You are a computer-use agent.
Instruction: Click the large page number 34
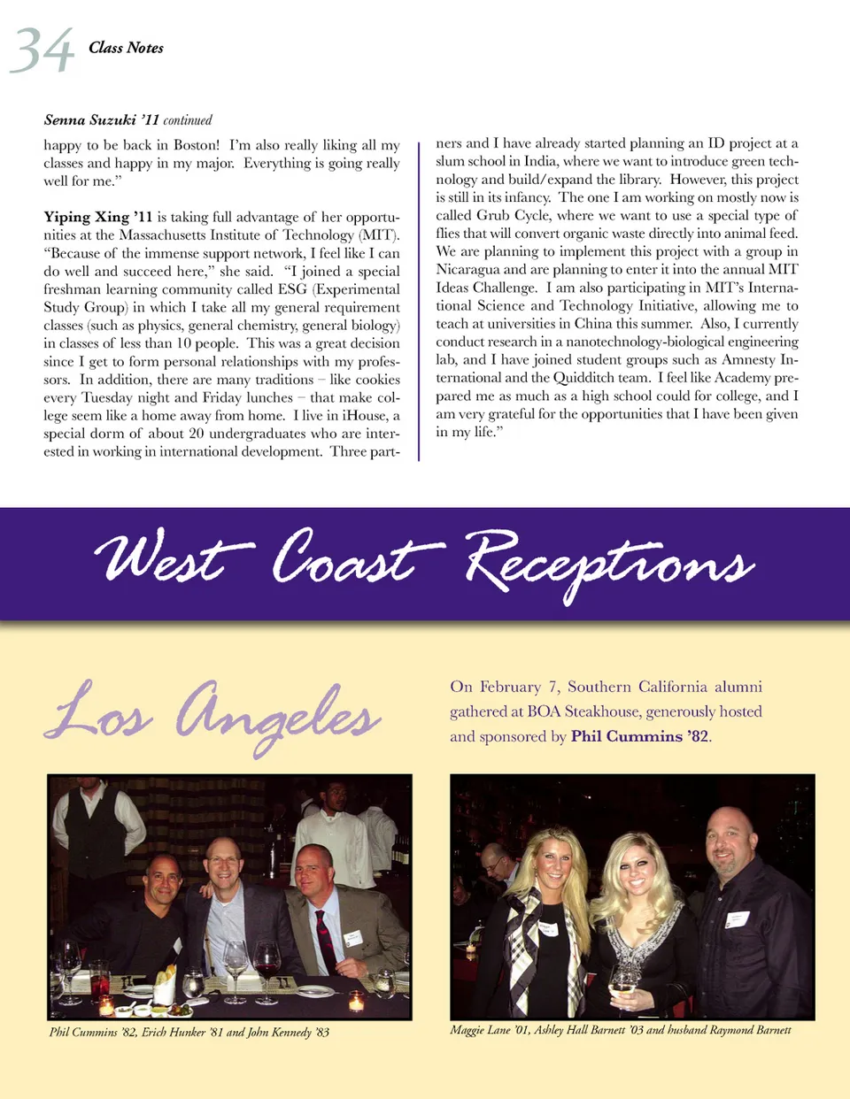tap(41, 50)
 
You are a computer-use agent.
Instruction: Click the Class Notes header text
tap(126, 48)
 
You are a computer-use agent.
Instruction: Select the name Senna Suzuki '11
tap(101, 120)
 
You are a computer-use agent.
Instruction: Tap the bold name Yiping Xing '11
tap(97, 217)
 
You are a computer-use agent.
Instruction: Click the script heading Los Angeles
tap(212, 715)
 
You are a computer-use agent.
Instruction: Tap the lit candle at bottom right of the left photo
tap(356, 1002)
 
